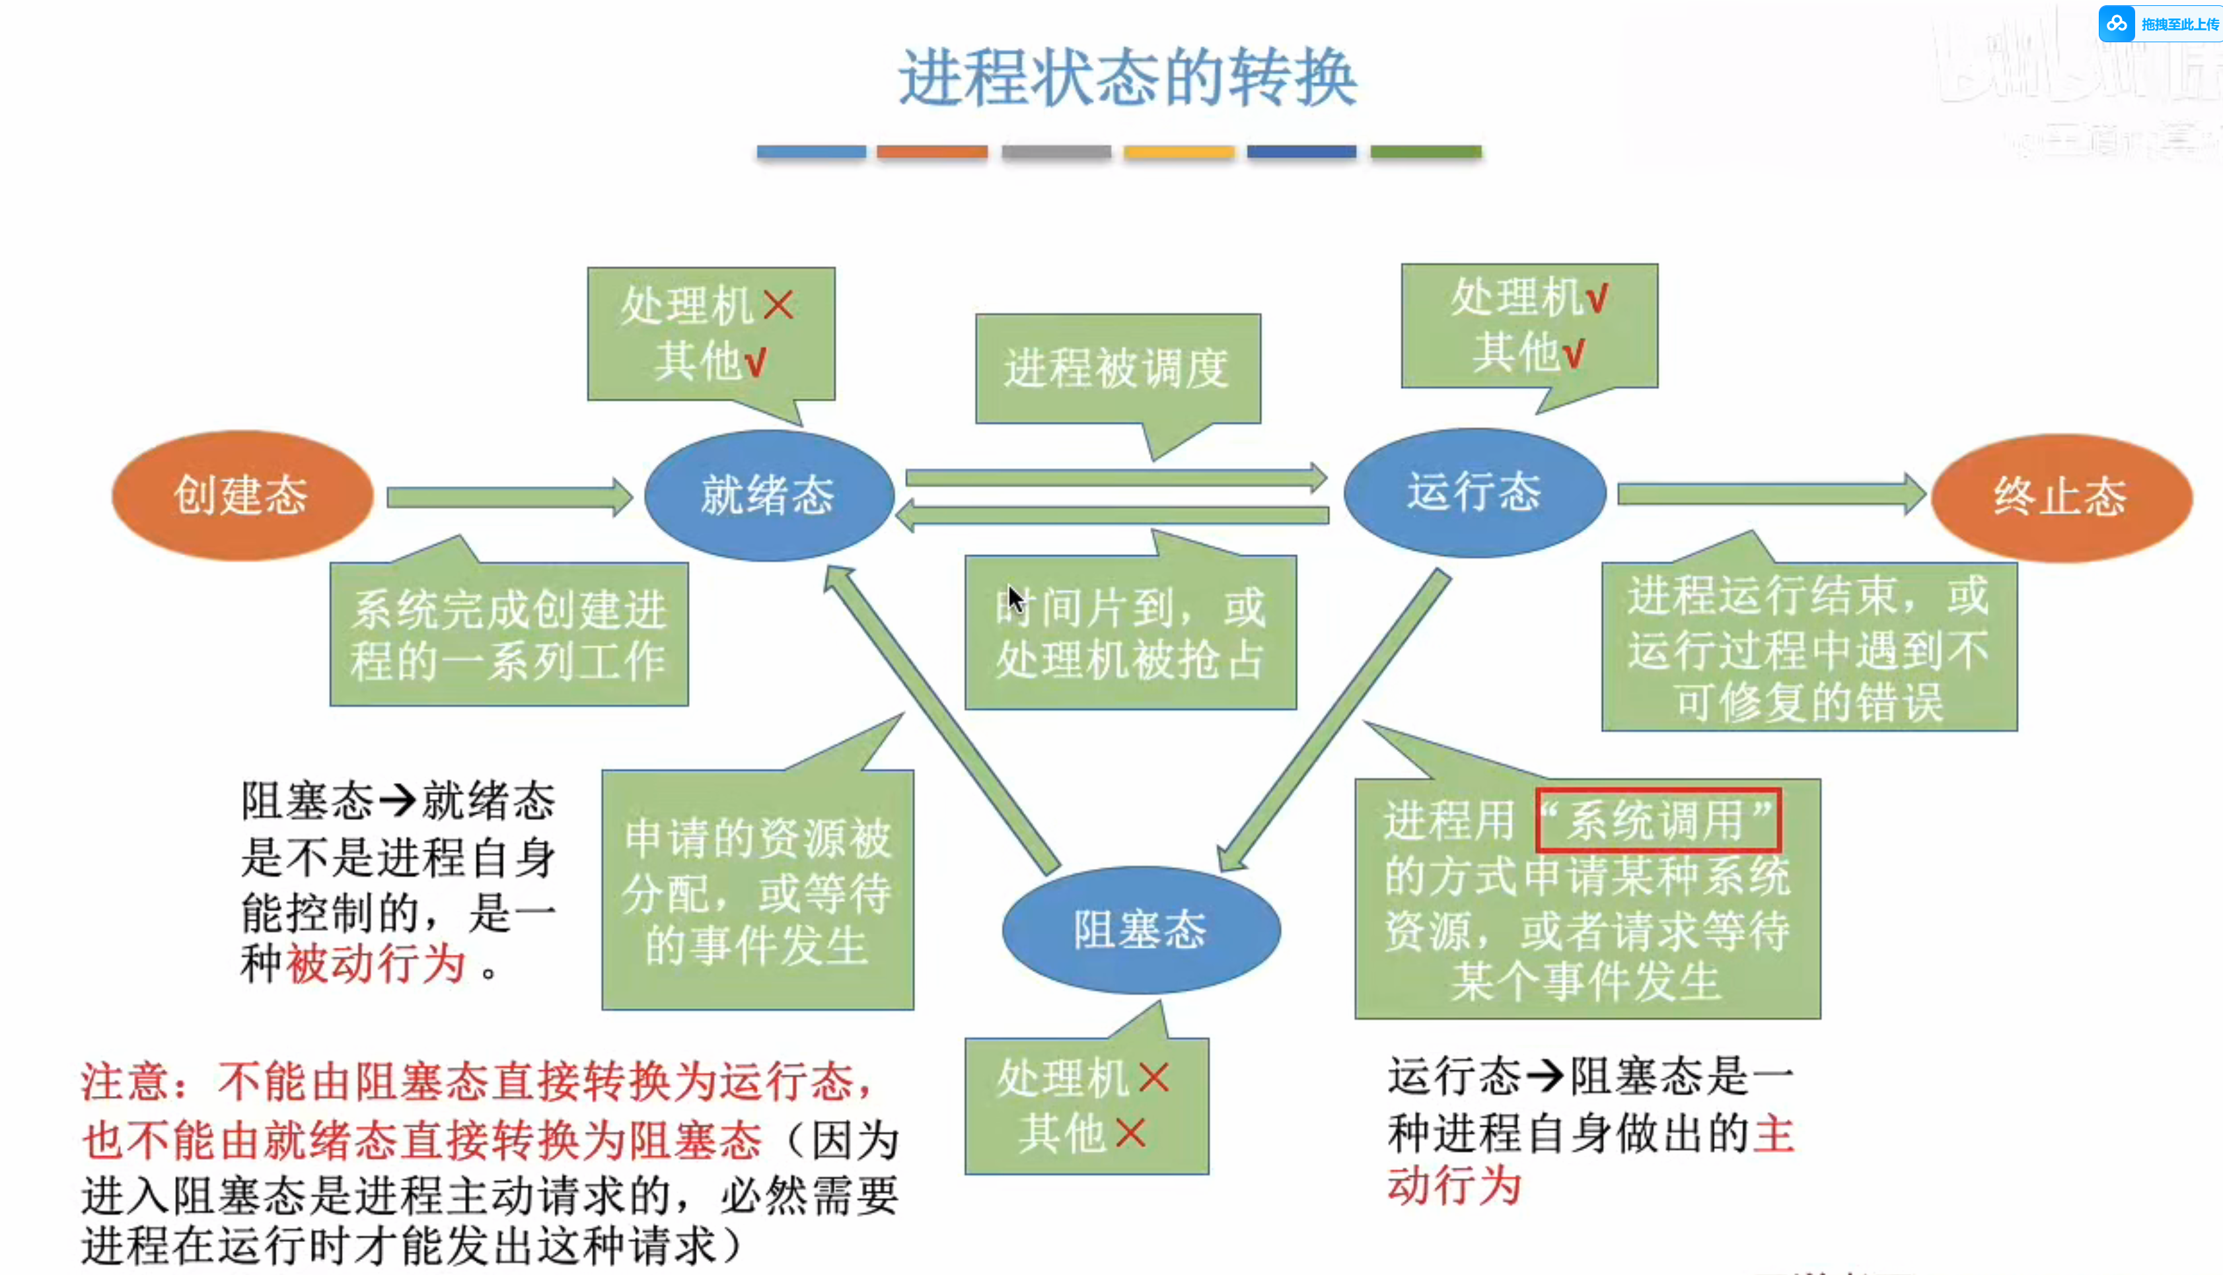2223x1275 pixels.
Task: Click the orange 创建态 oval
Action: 242,496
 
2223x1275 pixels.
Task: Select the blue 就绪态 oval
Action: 768,496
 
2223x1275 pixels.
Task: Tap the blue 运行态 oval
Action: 1474,492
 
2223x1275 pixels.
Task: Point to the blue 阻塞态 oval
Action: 1140,930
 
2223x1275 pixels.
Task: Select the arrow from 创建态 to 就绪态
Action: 508,497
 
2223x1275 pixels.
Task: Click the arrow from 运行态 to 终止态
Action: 1769,494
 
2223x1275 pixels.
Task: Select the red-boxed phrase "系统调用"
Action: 1658,821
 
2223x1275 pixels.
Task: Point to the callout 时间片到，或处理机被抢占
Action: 1130,633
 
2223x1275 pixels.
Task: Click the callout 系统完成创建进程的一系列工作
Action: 509,635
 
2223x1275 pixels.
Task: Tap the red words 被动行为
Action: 377,964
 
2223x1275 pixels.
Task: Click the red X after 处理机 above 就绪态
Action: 778,306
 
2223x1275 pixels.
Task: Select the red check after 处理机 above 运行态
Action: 1597,298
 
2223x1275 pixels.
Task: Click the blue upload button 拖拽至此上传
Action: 2160,24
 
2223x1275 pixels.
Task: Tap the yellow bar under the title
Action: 1179,151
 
